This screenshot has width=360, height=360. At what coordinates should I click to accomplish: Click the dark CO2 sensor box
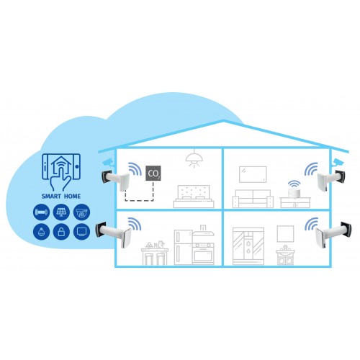153,174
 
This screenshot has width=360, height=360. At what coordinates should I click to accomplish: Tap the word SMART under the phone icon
51,197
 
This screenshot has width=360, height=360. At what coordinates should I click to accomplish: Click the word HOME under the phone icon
72,197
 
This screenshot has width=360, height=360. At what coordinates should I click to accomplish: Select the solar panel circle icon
61,212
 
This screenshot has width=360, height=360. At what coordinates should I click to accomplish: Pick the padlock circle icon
61,232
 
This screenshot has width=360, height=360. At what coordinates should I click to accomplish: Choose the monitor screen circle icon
81,232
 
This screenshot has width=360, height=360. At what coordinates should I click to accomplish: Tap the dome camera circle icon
81,212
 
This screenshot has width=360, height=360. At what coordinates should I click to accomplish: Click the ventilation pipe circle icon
41,212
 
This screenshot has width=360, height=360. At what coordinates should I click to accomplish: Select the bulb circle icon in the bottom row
41,232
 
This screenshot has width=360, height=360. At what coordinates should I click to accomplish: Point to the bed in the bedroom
194,197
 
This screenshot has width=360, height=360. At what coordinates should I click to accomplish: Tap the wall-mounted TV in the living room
253,174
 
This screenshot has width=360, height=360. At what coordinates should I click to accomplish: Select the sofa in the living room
253,199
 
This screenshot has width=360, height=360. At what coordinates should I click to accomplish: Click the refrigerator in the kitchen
183,248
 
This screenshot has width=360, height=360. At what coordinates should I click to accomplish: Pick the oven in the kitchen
203,253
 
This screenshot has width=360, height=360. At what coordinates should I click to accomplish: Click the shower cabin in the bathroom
248,246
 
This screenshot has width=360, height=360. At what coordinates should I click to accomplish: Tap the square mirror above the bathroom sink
285,234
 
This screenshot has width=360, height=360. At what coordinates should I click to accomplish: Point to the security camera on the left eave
109,162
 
